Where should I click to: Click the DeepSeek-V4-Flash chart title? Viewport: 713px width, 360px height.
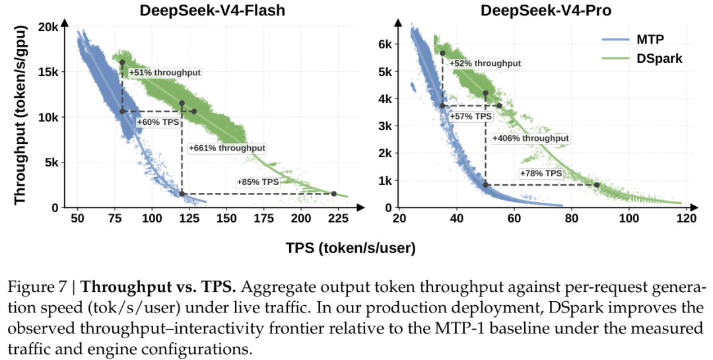213,11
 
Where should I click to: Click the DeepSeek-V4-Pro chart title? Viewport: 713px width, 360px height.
546,11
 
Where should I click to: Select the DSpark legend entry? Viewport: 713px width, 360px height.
642,58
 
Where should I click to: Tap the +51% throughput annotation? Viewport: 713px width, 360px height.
165,73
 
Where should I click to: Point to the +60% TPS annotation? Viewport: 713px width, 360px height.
158,122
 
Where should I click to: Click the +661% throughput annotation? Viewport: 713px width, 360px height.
227,148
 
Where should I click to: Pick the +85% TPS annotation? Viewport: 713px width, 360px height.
257,182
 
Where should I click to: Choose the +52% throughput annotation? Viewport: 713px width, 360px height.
485,63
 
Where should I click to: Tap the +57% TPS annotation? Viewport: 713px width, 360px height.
471,116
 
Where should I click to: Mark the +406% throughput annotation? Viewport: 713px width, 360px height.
531,138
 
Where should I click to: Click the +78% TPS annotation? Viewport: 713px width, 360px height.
541,174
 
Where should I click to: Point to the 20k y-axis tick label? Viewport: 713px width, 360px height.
48,27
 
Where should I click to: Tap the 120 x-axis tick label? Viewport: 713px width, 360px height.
687,219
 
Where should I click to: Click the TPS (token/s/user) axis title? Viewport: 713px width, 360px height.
351,248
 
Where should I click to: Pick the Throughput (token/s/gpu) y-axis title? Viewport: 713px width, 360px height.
20,115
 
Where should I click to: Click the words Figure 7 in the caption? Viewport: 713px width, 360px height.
38,287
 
